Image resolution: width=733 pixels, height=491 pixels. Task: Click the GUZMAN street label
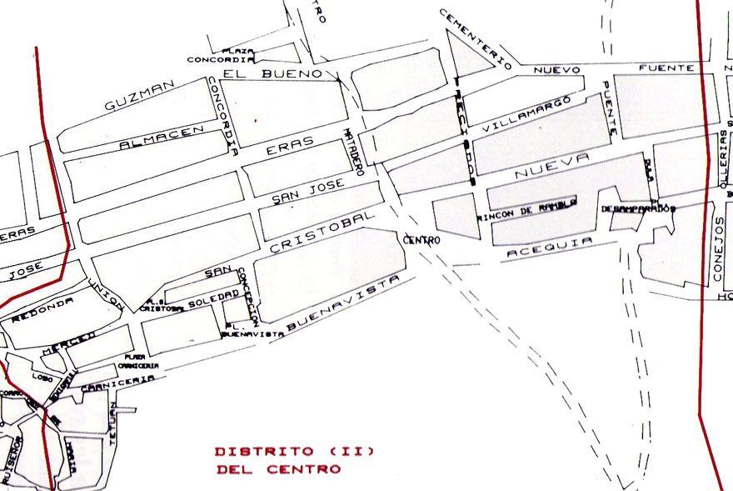(139, 95)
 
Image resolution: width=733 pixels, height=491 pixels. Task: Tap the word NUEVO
(556, 69)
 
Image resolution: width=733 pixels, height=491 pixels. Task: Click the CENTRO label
(421, 240)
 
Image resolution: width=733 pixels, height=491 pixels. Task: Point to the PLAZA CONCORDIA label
(220, 56)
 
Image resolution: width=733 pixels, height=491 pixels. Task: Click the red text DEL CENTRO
(277, 469)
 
